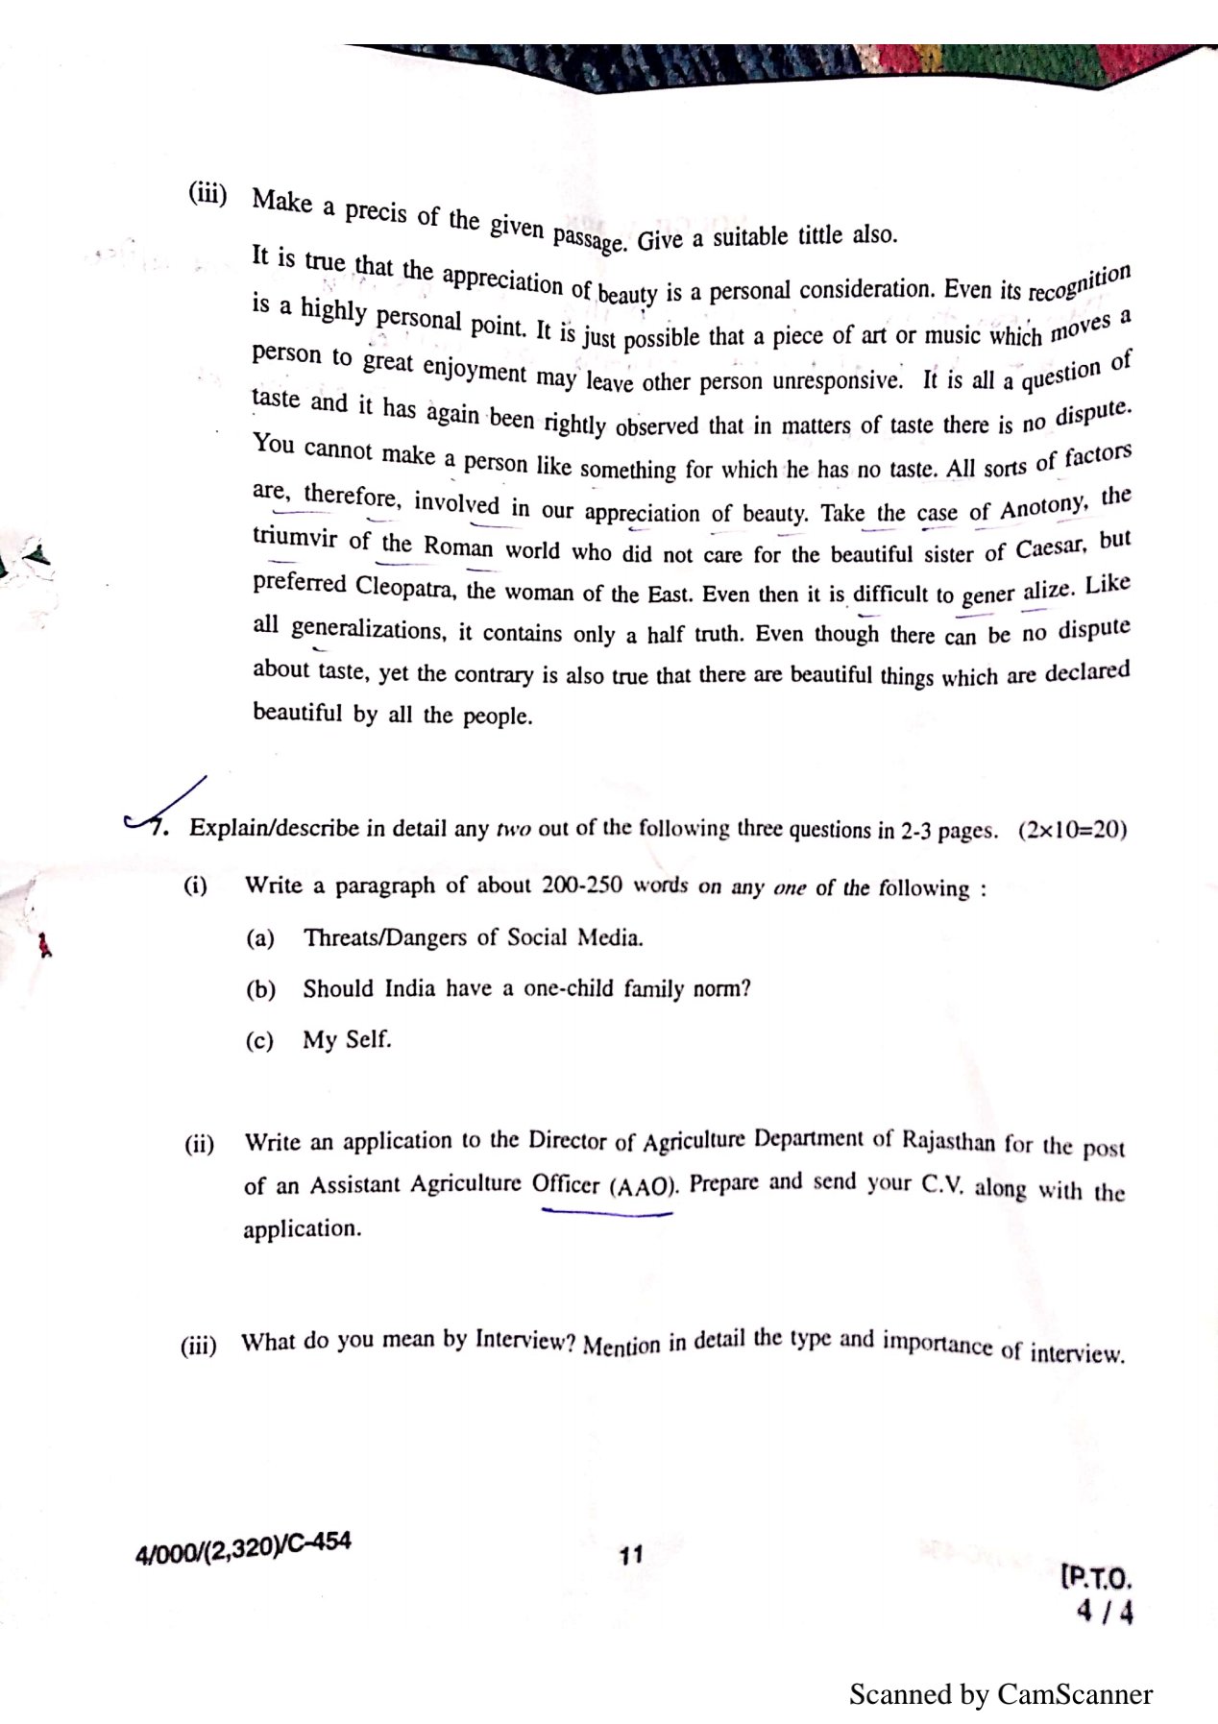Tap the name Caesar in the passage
(x=1051, y=548)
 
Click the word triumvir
(x=295, y=537)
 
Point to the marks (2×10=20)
(x=1072, y=830)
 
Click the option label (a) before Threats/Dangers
(x=260, y=938)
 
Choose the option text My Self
(x=347, y=1039)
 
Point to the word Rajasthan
(x=948, y=1140)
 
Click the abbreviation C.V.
(x=941, y=1184)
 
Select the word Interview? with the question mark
(x=524, y=1340)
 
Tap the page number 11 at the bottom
(x=630, y=1555)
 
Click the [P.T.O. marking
(x=1097, y=1578)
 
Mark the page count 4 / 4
(x=1105, y=1612)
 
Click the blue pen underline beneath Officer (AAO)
(x=607, y=1213)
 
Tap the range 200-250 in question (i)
(x=582, y=886)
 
